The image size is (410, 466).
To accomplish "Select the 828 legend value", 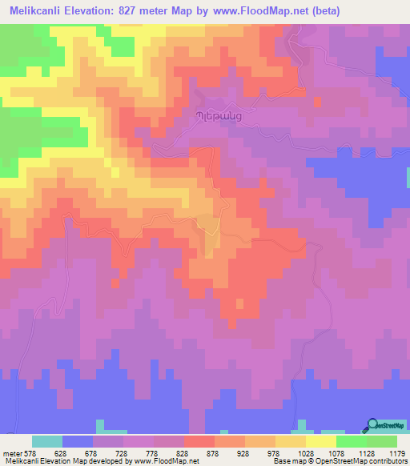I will tap(185, 452).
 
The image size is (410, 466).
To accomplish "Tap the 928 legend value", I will tap(246, 452).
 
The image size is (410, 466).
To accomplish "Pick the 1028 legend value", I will tap(306, 452).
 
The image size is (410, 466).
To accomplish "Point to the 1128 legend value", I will tap(367, 452).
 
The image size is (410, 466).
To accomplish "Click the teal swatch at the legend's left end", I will tap(47, 441).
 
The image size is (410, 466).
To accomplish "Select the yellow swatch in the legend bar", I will tap(321, 441).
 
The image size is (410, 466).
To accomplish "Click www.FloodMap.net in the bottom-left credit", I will tap(167, 461).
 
